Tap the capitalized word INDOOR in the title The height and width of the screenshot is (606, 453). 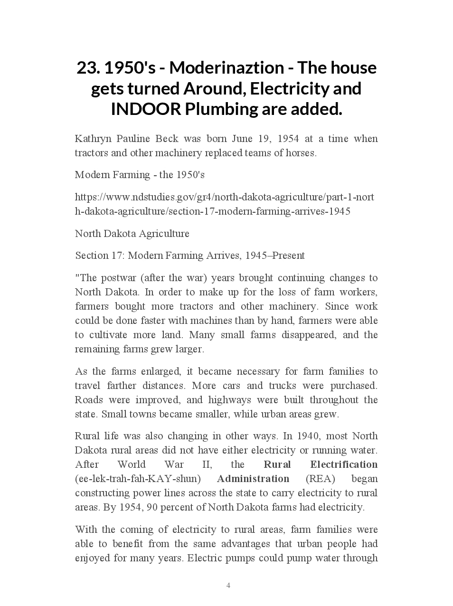tap(146, 109)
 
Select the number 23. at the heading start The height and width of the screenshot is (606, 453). tap(88, 68)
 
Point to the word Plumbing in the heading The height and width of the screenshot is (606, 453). tap(222, 109)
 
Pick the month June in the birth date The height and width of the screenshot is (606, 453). tap(242, 139)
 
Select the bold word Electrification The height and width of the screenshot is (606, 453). tap(344, 464)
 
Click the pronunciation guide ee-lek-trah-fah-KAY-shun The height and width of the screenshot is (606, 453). tap(138, 479)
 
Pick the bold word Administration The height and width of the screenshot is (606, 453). tap(253, 479)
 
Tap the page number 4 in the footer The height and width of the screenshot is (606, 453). tap(228, 586)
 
